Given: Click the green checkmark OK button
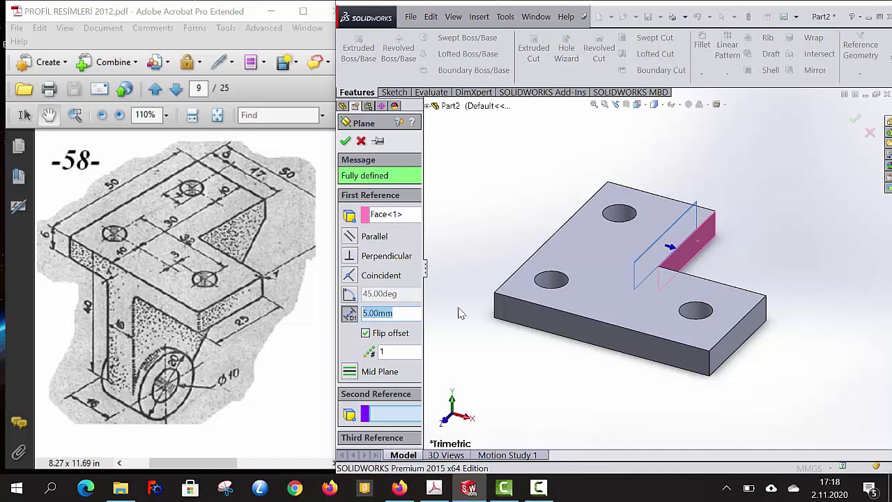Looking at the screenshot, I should (x=346, y=141).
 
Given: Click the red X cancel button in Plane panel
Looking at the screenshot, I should (x=361, y=141).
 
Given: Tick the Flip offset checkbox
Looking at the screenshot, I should (x=366, y=333).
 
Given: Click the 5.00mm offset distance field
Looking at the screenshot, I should (x=390, y=313).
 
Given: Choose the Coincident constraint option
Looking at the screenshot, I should (x=380, y=275).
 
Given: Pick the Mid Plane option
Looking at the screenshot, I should (x=380, y=372).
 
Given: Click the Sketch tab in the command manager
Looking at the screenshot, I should (x=394, y=92).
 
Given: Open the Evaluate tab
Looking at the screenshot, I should (x=431, y=92).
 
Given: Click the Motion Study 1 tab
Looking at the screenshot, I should (x=507, y=455).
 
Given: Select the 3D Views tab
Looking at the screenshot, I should (x=446, y=455).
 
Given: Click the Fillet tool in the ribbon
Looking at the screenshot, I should (x=702, y=45).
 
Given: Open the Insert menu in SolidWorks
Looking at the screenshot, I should (x=479, y=17).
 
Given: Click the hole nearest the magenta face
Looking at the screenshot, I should (x=620, y=213).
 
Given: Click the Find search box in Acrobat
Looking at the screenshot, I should (x=279, y=115).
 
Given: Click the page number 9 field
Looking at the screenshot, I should (x=199, y=88).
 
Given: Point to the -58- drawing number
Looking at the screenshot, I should (x=75, y=162).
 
